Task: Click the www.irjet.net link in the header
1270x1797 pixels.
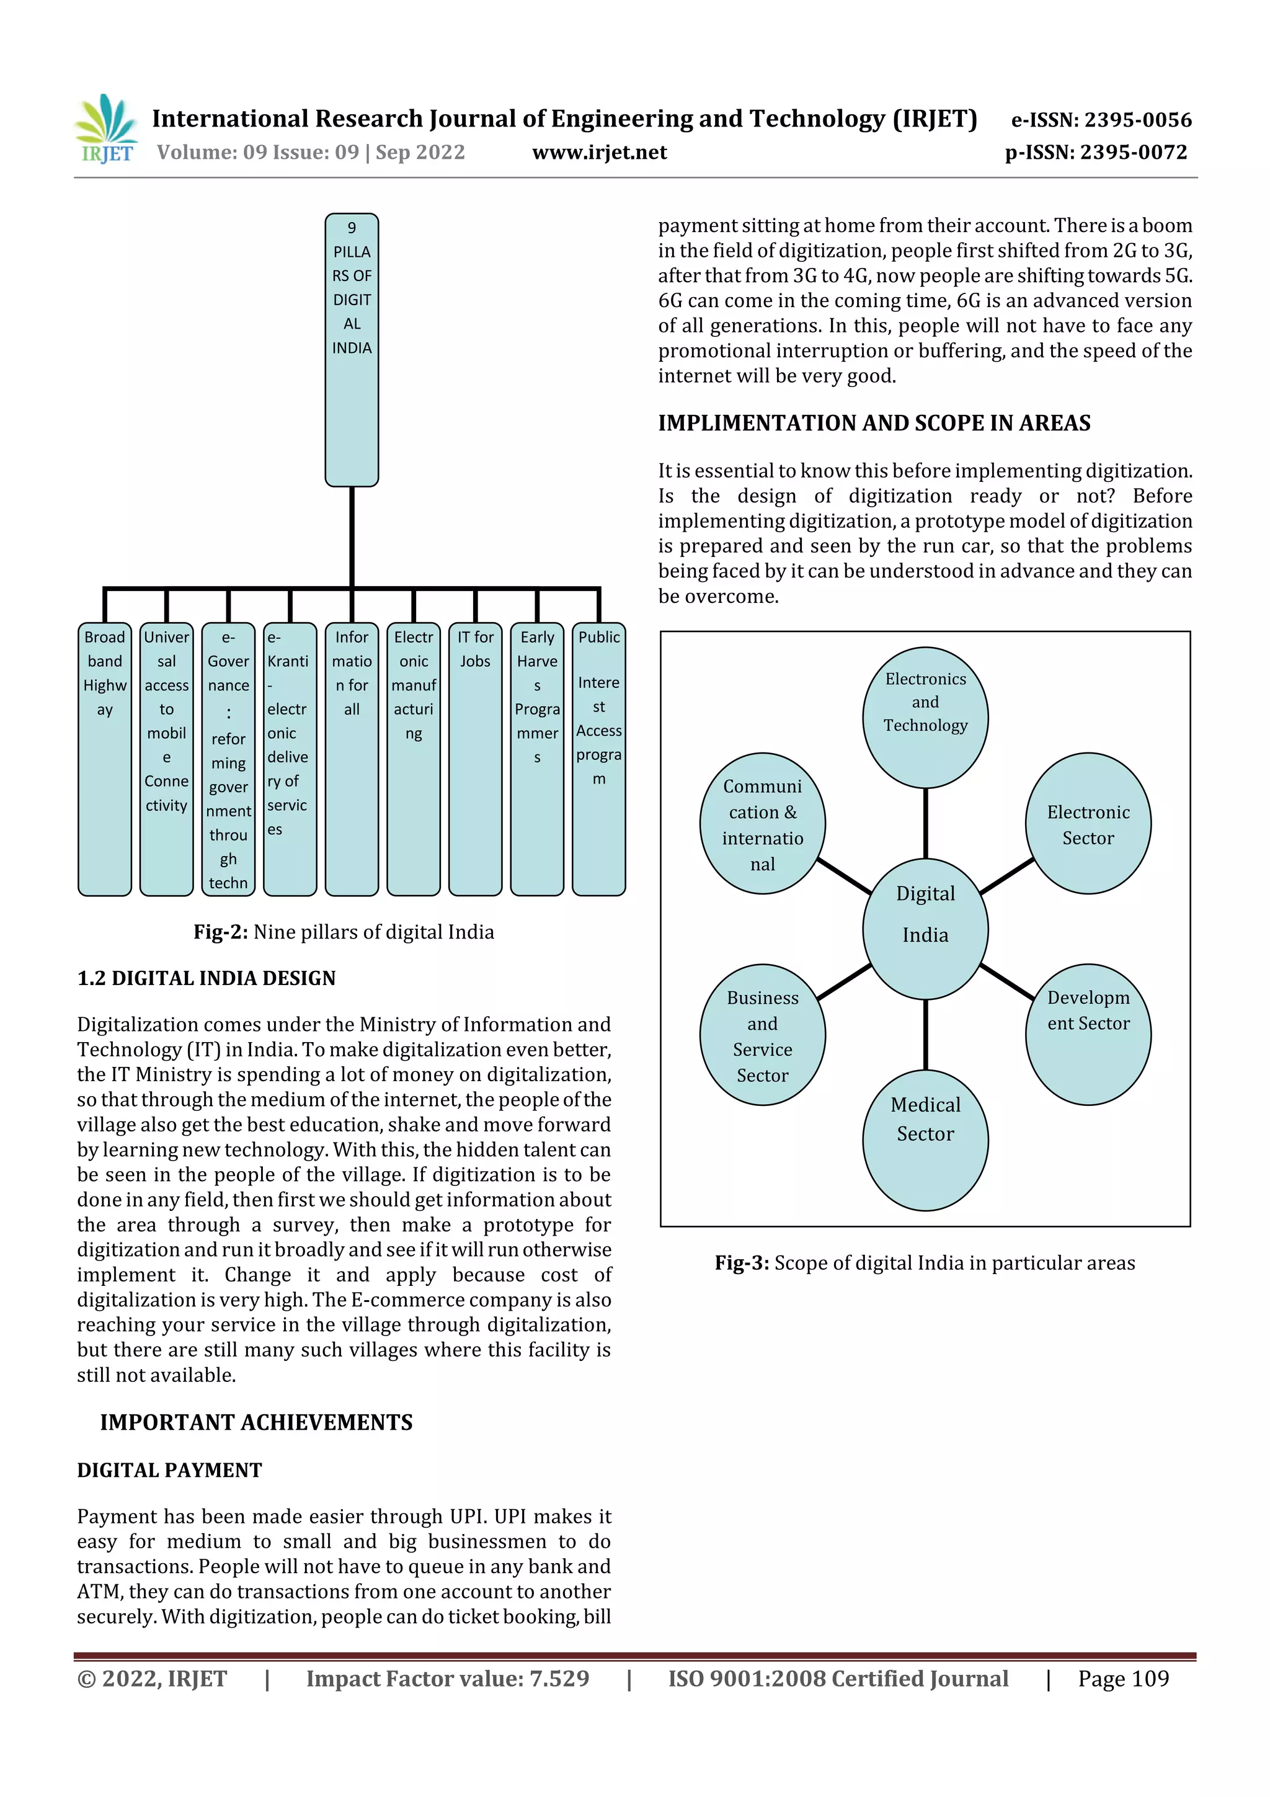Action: coord(600,153)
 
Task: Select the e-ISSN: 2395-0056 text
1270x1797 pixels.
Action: coord(1101,120)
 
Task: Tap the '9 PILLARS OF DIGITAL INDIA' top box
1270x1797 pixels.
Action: coord(352,349)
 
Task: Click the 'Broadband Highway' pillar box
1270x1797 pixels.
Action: coord(105,759)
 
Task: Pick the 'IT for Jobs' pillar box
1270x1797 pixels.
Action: coord(475,759)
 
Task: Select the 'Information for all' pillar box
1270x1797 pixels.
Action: coord(352,759)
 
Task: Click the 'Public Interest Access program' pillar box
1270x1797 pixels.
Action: coord(598,759)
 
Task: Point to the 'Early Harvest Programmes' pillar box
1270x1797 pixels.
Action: coord(537,759)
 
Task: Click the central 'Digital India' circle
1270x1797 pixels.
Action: coord(925,929)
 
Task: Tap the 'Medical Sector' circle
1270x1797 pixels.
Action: coord(925,1139)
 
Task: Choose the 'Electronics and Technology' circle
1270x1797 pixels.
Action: coord(925,717)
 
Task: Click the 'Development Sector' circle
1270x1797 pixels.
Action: coord(1088,1034)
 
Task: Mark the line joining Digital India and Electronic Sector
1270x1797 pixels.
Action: coord(1007,876)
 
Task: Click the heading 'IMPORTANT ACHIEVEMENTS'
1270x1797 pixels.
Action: coord(256,1422)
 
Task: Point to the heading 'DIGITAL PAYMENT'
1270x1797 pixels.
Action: coord(169,1470)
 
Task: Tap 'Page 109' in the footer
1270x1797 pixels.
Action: coord(1123,1678)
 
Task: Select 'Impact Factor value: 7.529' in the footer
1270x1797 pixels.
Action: coord(448,1678)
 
